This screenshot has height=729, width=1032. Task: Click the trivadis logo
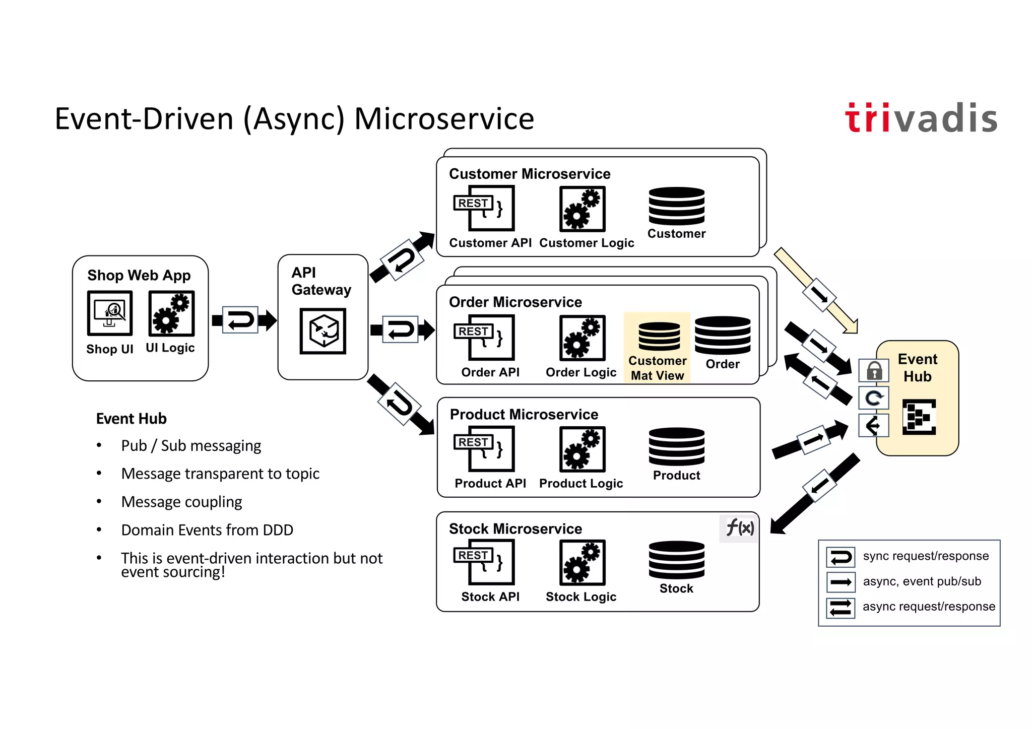[x=921, y=118]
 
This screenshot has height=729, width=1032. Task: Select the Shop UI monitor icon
[x=110, y=313]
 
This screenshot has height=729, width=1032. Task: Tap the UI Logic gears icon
[x=171, y=313]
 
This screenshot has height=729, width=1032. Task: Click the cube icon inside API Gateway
[x=322, y=331]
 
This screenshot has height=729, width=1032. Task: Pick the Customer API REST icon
[x=484, y=208]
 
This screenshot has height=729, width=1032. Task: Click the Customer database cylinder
[x=676, y=206]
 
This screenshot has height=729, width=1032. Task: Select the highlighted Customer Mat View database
[x=659, y=336]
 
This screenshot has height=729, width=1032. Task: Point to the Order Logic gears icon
[x=582, y=338]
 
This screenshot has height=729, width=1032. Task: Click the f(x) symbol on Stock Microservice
[x=739, y=528]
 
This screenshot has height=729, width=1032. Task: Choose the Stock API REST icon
[x=484, y=562]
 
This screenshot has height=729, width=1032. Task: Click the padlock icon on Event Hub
[x=874, y=371]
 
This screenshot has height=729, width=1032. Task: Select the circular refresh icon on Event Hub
[x=874, y=398]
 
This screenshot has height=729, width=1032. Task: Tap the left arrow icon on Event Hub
[x=874, y=426]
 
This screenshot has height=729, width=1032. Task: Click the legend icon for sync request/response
[x=841, y=557]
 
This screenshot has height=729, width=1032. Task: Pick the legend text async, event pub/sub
[x=922, y=581]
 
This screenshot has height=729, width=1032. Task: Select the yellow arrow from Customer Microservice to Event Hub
[x=816, y=292]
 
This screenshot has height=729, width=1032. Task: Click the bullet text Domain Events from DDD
[x=207, y=530]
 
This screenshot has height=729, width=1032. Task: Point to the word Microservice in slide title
[x=444, y=119]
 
